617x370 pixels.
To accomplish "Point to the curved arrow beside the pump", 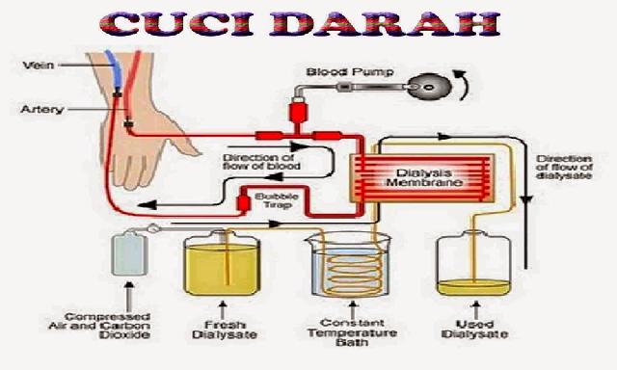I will [x=465, y=85].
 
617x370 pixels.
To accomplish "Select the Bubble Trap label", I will [x=277, y=199].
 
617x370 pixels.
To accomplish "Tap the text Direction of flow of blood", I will [x=260, y=161].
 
